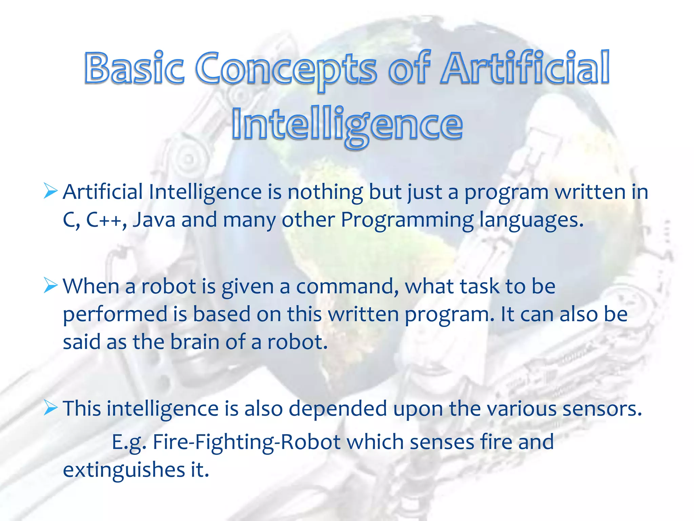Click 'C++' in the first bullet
104,219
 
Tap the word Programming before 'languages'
407,220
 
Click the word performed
115,314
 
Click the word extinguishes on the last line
124,470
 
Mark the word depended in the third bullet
338,408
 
